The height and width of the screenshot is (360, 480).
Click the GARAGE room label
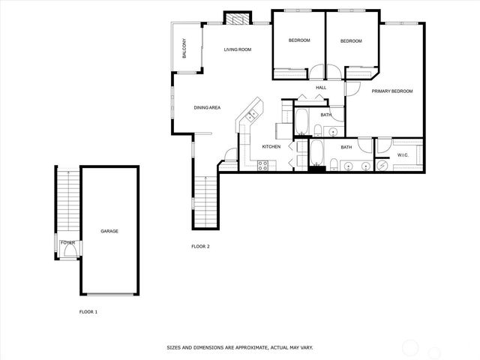(x=109, y=231)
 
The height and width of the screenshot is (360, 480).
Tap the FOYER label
(x=68, y=243)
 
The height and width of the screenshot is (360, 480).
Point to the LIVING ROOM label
(x=237, y=49)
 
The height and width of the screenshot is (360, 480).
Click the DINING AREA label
(x=207, y=108)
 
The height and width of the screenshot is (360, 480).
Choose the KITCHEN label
(x=271, y=146)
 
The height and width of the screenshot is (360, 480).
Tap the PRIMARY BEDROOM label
(x=392, y=91)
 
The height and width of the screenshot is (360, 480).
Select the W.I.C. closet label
(x=402, y=155)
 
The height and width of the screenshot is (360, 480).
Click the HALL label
(x=321, y=88)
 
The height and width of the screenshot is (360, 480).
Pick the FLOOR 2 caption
(x=200, y=246)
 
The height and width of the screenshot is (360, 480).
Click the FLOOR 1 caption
(x=88, y=311)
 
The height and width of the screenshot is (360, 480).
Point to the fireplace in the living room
(x=239, y=19)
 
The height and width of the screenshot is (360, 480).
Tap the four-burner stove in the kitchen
(x=263, y=166)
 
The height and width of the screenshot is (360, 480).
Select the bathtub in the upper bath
(x=302, y=120)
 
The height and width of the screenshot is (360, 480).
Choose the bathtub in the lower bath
(x=316, y=153)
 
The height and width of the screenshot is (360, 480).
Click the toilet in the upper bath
(x=317, y=131)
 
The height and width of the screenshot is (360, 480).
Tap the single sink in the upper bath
(x=333, y=130)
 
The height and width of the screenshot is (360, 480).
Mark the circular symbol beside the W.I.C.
(x=382, y=164)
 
